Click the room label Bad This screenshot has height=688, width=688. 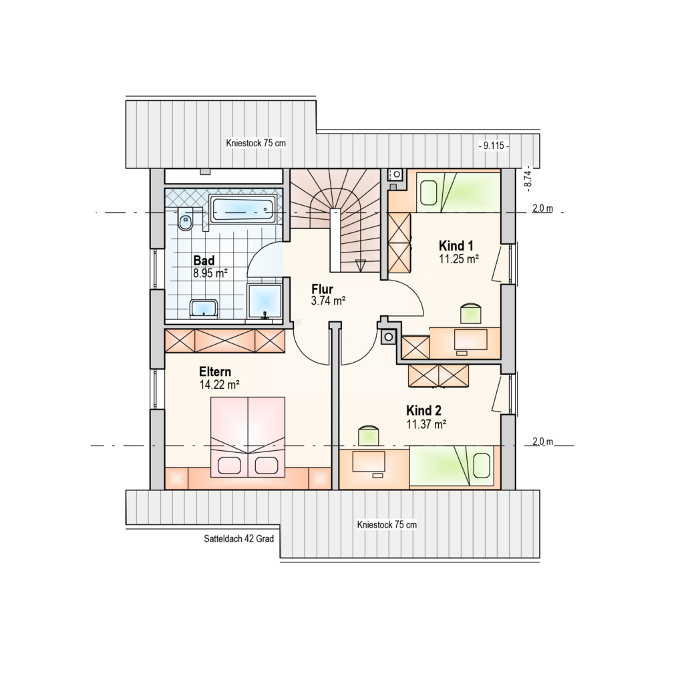pos(204,261)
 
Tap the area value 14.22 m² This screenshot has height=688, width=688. pos(219,385)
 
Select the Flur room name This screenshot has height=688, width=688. pos(323,289)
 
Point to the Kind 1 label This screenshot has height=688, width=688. pos(456,246)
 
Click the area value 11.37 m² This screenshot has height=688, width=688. pos(426,424)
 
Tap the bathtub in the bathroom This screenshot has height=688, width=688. pos(242,209)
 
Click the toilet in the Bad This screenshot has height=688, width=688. pos(186,219)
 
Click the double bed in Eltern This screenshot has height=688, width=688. pos(248,437)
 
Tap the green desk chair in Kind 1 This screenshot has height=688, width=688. pos(471,313)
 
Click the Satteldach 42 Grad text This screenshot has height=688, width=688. pos(238,538)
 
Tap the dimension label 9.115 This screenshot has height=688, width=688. pos(494,146)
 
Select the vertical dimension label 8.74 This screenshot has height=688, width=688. pos(529,178)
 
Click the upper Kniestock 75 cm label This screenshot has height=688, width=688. pos(256,143)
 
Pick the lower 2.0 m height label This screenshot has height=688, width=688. pos(543,442)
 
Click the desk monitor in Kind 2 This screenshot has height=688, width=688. pos(369,461)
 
